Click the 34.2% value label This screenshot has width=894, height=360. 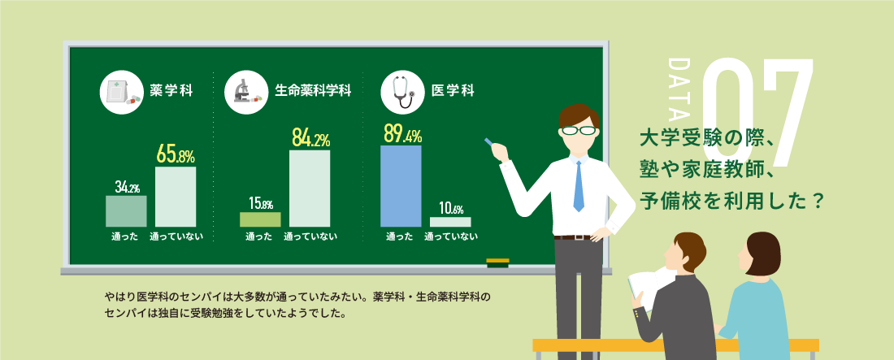tap(127, 187)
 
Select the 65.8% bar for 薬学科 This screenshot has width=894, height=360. tap(176, 197)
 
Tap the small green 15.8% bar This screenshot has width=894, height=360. tap(260, 219)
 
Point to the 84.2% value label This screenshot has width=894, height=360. tap(310, 137)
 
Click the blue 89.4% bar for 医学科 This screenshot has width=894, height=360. tap(401, 186)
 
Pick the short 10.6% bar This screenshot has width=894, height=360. tap(450, 222)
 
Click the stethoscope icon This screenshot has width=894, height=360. tap(402, 92)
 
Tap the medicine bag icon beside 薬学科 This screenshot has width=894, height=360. tap(121, 91)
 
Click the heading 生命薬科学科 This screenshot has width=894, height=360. tap(312, 91)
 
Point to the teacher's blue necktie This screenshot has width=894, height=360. tap(579, 186)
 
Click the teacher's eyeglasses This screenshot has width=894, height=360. tap(579, 130)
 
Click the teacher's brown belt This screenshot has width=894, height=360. tap(573, 237)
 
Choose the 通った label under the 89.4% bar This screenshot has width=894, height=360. tap(399, 236)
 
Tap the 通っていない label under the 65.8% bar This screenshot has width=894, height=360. tap(176, 236)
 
